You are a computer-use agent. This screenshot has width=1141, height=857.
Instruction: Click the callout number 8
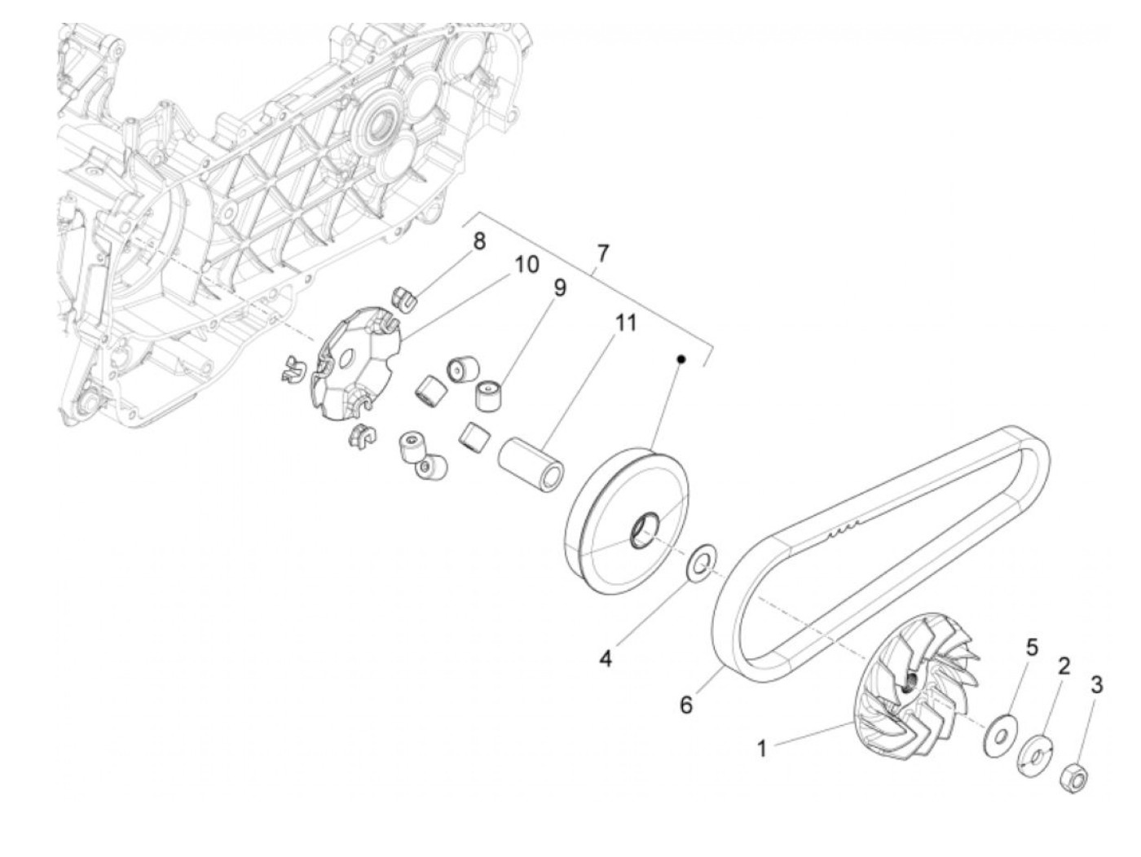[x=479, y=241]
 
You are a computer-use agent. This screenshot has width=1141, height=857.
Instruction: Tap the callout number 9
[x=560, y=288]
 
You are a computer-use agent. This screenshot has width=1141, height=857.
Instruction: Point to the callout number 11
[x=625, y=323]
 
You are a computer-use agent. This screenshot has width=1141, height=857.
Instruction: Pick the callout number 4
[x=606, y=658]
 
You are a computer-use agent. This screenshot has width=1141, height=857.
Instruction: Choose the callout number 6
[x=686, y=705]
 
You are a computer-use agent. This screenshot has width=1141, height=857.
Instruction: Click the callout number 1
[x=762, y=748]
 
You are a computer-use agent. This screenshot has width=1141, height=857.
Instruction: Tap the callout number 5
[x=1032, y=648]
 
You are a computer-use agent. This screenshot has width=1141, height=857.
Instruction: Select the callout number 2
[x=1063, y=666]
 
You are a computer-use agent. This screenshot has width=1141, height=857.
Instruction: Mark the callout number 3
[x=1096, y=685]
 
